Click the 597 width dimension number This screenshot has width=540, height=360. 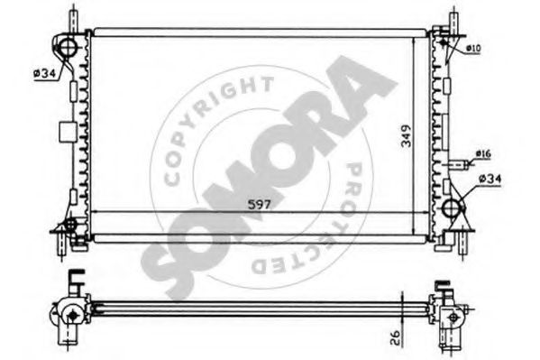tap(260, 205)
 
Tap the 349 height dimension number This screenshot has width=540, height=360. tap(407, 136)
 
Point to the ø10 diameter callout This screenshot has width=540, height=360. tap(473, 49)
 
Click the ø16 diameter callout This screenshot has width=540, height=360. tap(483, 153)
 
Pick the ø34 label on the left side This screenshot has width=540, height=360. tap(44, 73)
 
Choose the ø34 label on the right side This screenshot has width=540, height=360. tap(490, 179)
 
